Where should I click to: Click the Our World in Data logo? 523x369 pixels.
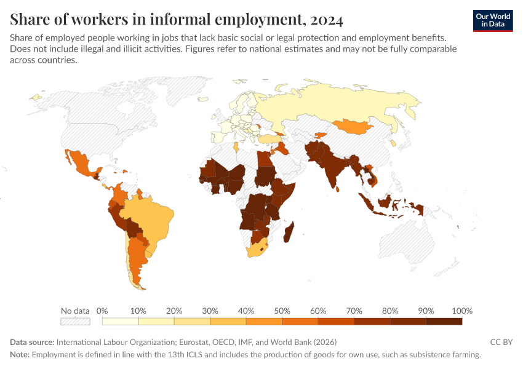point(493,20)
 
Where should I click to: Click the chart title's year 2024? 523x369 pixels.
point(319,20)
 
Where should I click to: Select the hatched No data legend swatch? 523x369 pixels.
point(75,320)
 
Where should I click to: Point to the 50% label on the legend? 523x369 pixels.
point(282,311)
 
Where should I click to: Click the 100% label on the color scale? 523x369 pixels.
point(461,311)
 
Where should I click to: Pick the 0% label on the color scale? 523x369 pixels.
point(102,311)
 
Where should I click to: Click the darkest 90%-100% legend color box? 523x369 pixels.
point(444,320)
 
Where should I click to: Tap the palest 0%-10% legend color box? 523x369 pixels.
point(120,320)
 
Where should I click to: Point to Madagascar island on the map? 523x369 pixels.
point(290,234)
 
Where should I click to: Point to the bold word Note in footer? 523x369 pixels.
point(19,355)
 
